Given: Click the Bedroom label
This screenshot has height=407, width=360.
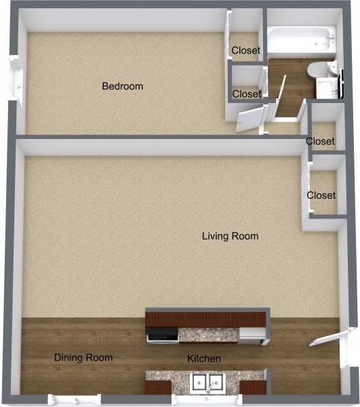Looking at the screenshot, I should tap(122, 86).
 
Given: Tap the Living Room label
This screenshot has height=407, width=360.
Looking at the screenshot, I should tap(231, 236).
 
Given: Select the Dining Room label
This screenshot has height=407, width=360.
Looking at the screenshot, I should tap(83, 357).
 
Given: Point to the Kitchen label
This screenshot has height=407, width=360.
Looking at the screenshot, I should tap(204, 358).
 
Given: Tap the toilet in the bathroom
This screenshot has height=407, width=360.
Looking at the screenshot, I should tap(317, 70).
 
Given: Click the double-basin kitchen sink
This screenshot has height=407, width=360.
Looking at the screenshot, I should tap(207, 383).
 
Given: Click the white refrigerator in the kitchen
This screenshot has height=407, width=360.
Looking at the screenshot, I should tap(252, 334).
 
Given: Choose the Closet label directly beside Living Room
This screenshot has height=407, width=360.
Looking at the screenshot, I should tap(321, 195).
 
